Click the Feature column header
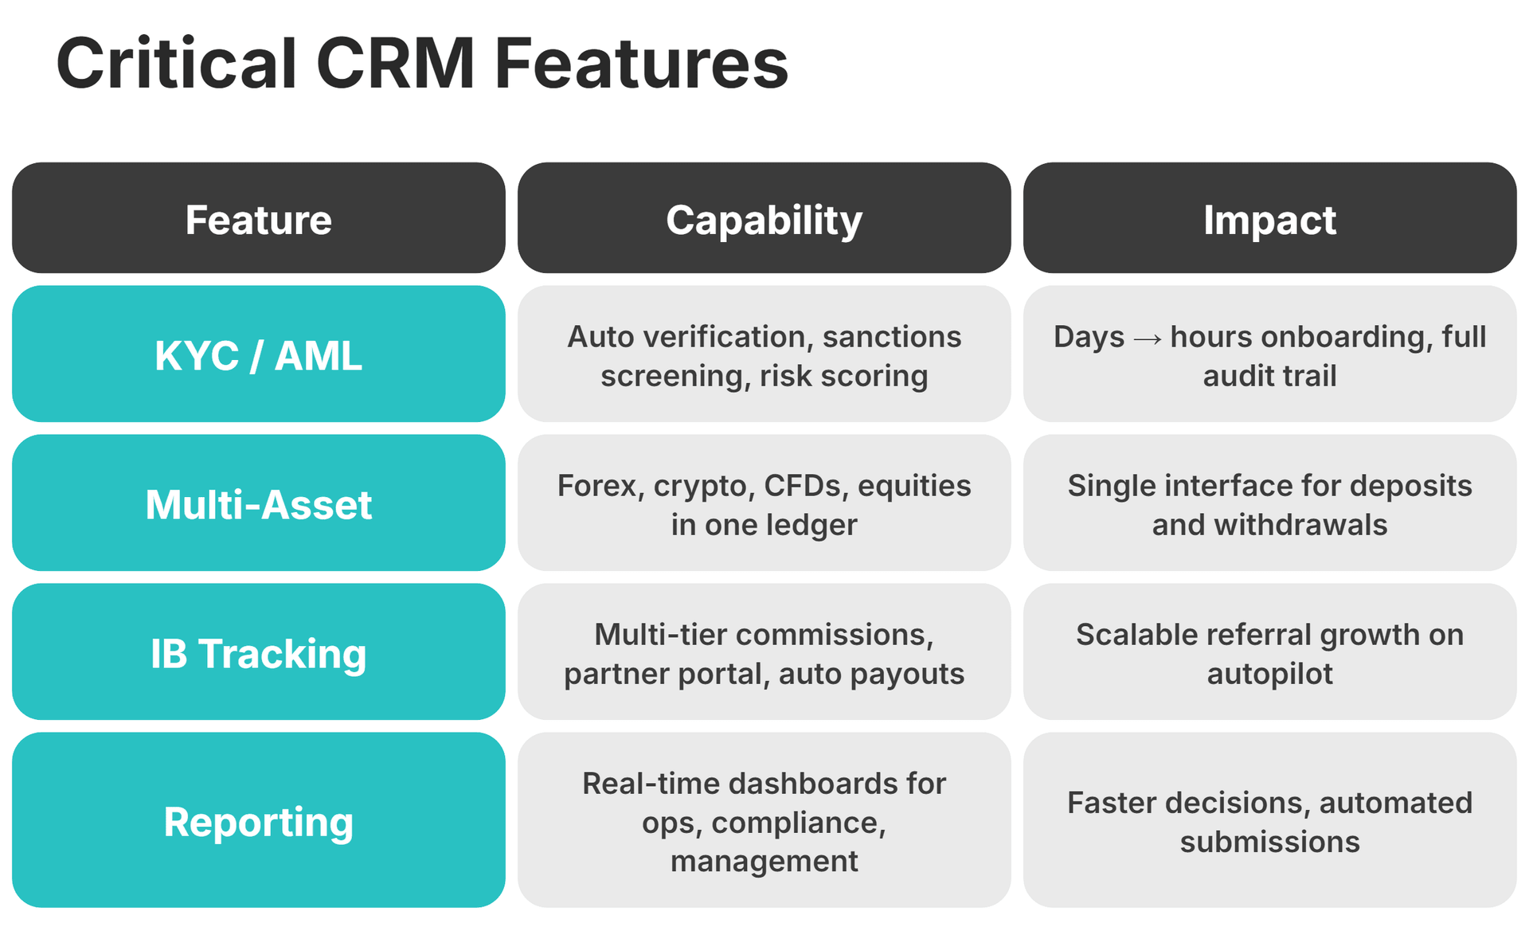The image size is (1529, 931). tap(258, 219)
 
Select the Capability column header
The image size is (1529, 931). tap(764, 219)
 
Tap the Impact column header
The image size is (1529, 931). tap(1269, 219)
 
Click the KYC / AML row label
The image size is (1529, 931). tap(258, 355)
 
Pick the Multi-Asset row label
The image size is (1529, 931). tap(258, 504)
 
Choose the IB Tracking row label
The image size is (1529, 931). tap(258, 653)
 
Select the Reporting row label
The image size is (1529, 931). tap(258, 821)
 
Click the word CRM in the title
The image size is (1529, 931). tap(395, 64)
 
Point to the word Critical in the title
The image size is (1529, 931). tap(177, 64)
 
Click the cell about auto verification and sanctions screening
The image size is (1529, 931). tap(764, 355)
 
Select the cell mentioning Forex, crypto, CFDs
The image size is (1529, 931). tap(764, 504)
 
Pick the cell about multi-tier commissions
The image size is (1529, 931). tap(764, 653)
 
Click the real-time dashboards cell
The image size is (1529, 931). tap(764, 821)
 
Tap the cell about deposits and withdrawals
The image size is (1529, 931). tap(1269, 504)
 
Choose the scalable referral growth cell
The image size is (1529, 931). tap(1269, 653)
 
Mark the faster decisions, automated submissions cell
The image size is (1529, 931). tap(1269, 821)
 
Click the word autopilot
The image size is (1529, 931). tap(1269, 675)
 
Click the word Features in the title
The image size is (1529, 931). tap(641, 64)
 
